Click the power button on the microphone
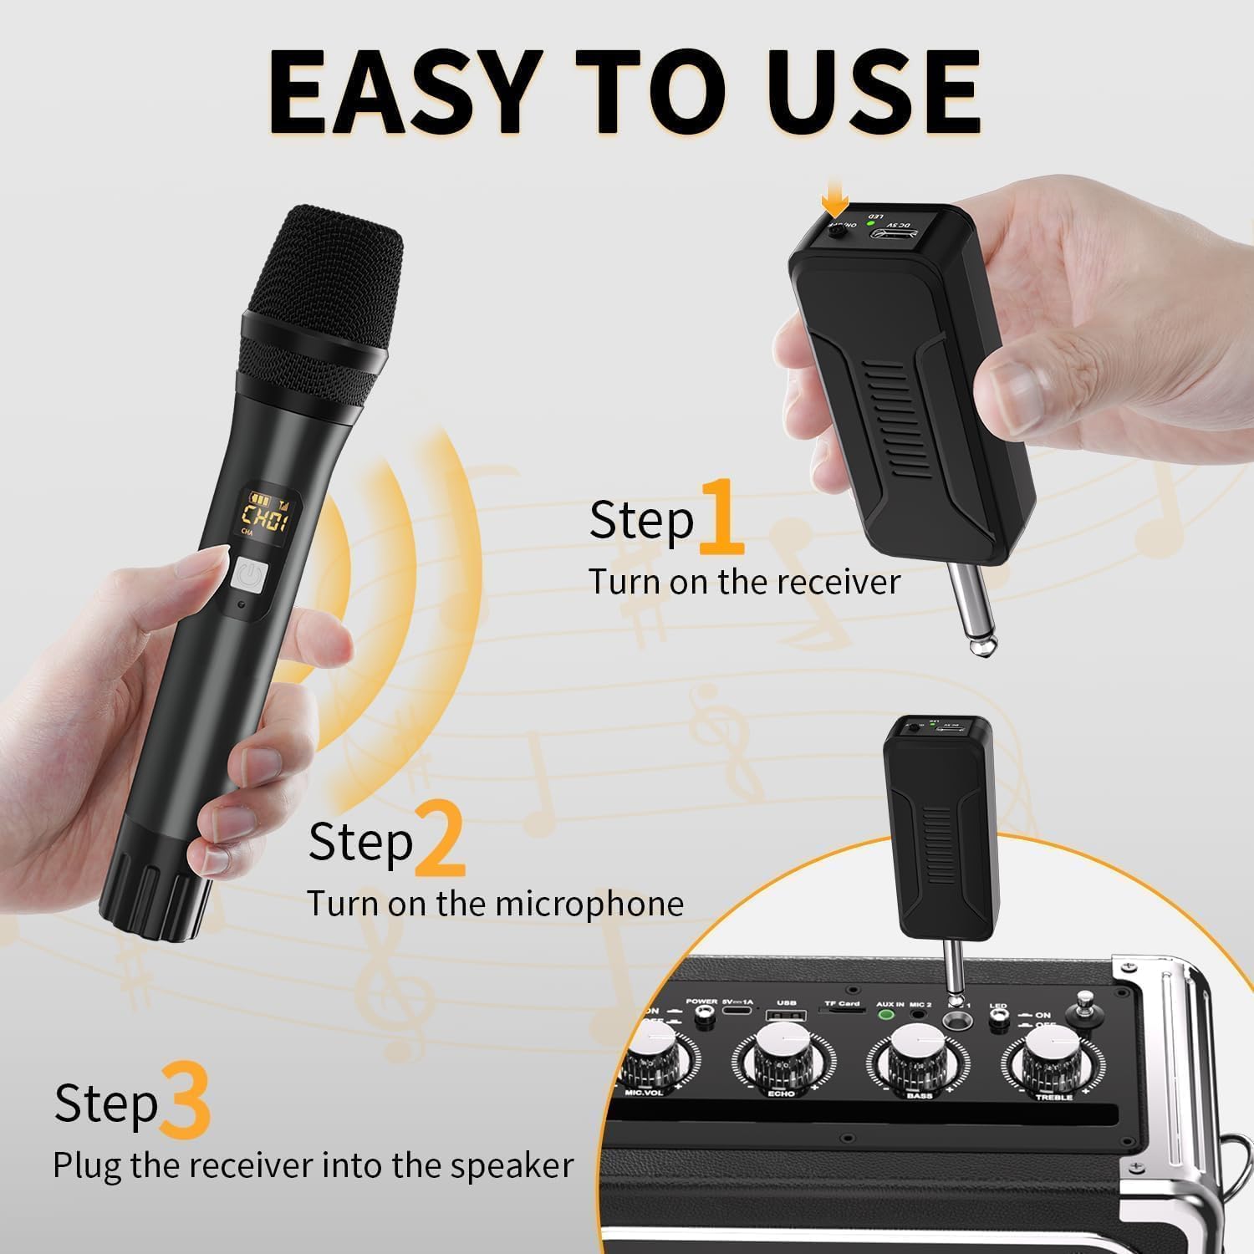248,576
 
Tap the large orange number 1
721,518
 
